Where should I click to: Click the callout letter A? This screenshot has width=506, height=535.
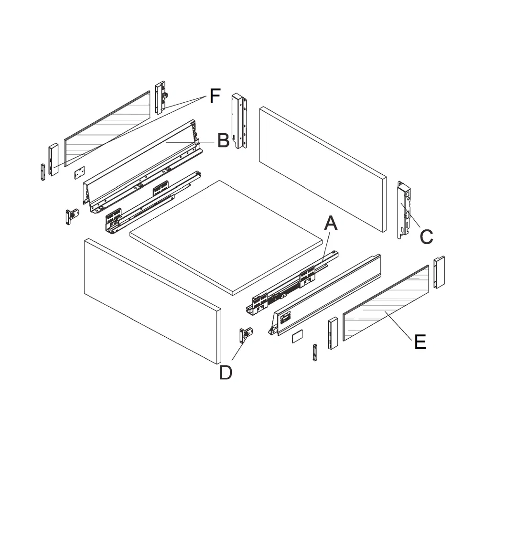coord(331,223)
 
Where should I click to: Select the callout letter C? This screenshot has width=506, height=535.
coord(426,236)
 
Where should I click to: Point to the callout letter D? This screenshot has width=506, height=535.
coord(226,373)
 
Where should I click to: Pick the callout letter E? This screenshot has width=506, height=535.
coord(420,342)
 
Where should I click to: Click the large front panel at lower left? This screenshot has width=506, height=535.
coord(152,301)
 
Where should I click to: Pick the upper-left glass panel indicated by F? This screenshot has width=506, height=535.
coord(107,127)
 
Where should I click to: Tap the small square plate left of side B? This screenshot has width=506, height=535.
coord(79,172)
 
